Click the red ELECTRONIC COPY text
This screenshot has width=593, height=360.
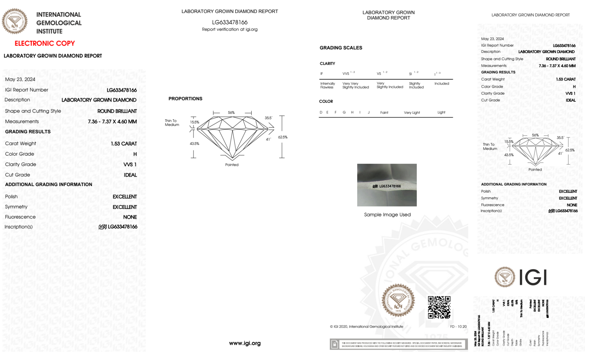[x=45, y=44]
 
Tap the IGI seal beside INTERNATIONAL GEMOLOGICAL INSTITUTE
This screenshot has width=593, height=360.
[x=15, y=21]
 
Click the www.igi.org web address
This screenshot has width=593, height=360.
[x=245, y=343]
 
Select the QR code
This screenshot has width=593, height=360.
[x=439, y=307]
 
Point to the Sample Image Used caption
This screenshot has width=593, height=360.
[x=387, y=215]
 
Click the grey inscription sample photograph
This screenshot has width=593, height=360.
[x=387, y=185]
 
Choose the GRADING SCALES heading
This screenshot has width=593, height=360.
[x=341, y=48]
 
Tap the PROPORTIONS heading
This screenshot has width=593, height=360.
[x=185, y=99]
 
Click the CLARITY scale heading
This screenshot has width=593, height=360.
[x=327, y=64]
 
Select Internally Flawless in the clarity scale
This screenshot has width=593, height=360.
[x=327, y=85]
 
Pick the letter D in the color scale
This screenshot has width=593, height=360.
[x=321, y=112]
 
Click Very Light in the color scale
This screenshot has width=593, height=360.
[x=412, y=113]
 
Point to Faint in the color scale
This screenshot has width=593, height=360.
[x=384, y=113]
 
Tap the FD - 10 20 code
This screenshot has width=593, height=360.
[x=458, y=327]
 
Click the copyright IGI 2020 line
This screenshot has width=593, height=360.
[x=367, y=327]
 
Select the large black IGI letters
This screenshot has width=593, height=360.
[x=533, y=277]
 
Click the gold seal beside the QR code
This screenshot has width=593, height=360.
[x=398, y=300]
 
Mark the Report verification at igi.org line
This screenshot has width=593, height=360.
[x=230, y=29]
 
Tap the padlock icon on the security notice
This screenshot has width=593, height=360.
[x=335, y=344]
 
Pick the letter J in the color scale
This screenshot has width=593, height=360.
[x=369, y=112]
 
